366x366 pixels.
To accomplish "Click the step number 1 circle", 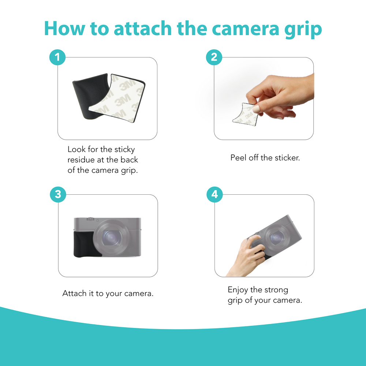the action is pos(57,57).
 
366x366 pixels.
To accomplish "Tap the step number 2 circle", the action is pos(214,57).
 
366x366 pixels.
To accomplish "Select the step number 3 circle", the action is pos(58,194).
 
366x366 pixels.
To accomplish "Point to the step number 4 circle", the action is pos(215,194).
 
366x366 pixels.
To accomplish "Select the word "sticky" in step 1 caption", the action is pos(124,150).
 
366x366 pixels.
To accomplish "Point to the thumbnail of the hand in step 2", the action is pos(256,109).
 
